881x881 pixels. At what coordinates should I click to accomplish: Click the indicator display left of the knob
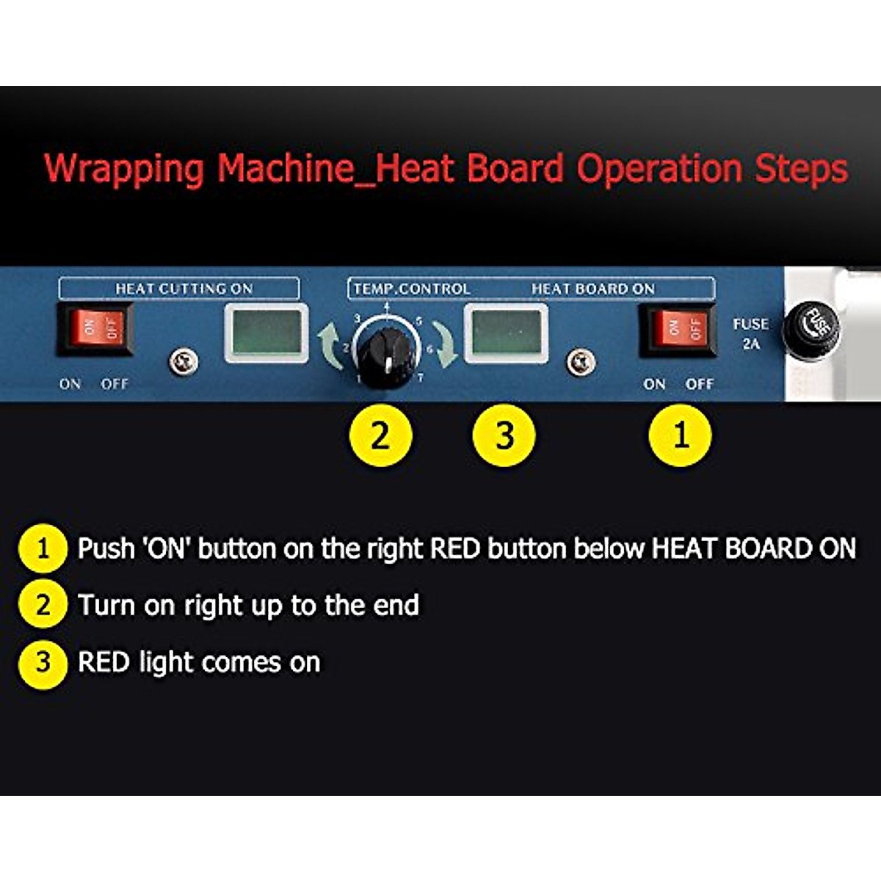coord(266,333)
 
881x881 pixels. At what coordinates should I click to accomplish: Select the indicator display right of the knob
coord(506,333)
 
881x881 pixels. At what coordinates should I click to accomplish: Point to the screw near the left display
coord(183,362)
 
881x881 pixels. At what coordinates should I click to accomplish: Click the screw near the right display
coord(581,362)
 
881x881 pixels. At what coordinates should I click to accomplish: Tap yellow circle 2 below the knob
coord(380,435)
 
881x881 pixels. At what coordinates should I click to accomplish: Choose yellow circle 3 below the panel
coord(504,435)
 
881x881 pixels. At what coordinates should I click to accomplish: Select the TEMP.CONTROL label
coord(412,289)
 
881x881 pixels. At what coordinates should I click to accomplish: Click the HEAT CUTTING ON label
coord(184,289)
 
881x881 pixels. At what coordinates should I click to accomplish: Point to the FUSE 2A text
coord(750,333)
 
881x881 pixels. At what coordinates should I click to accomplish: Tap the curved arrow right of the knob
coord(443,344)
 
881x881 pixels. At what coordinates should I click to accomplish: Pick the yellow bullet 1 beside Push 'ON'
coord(43,548)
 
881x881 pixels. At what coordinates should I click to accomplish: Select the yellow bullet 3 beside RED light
coord(43,663)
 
